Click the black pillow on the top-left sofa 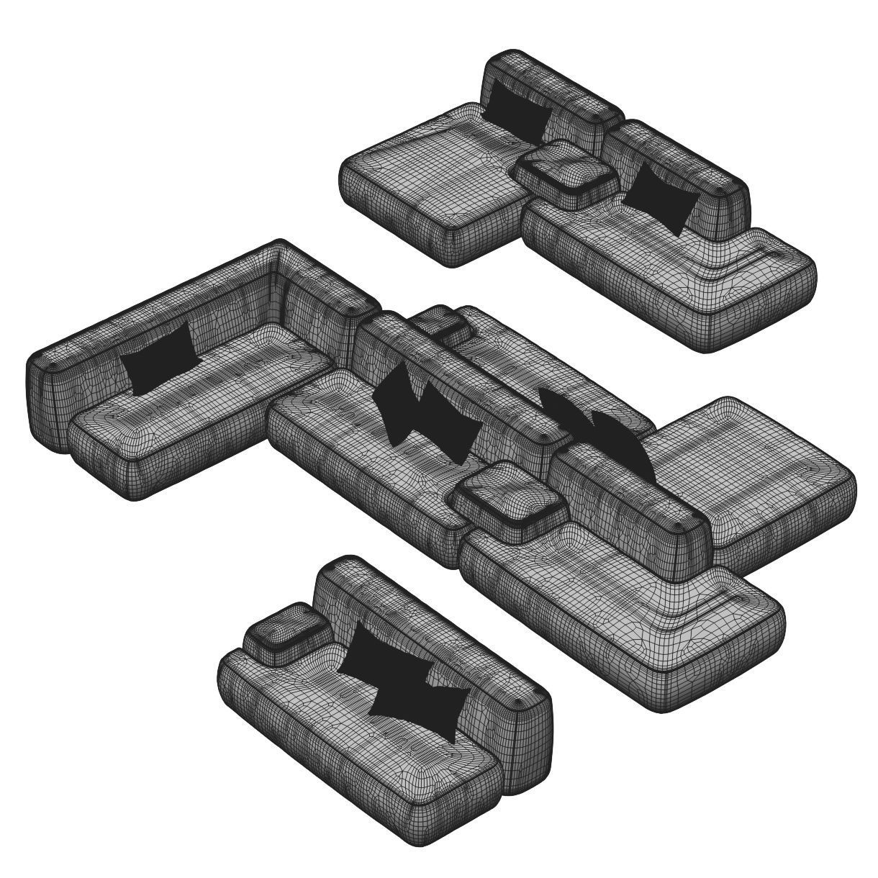[x=517, y=110]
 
